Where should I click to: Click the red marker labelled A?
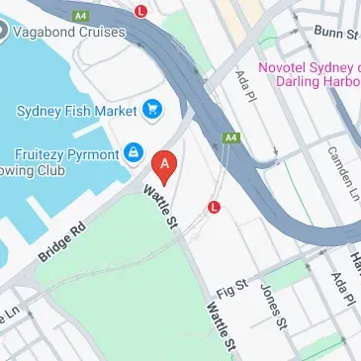(166, 164)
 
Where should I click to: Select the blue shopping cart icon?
(152, 108)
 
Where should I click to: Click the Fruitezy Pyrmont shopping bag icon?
(132, 153)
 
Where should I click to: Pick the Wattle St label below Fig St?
(221, 326)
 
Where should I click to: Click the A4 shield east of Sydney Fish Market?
(230, 137)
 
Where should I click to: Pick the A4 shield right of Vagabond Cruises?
(78, 15)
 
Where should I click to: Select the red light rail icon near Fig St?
(214, 207)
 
